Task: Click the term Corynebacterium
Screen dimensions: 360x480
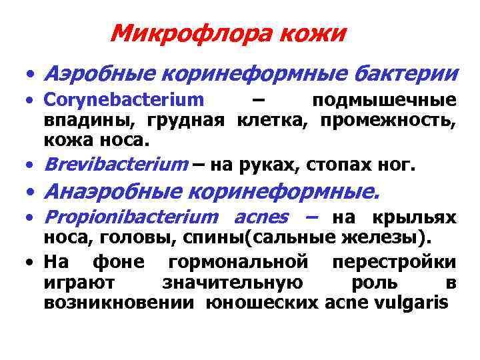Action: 124,101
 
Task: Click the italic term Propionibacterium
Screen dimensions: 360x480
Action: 131,218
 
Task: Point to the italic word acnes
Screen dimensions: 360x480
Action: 261,218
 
